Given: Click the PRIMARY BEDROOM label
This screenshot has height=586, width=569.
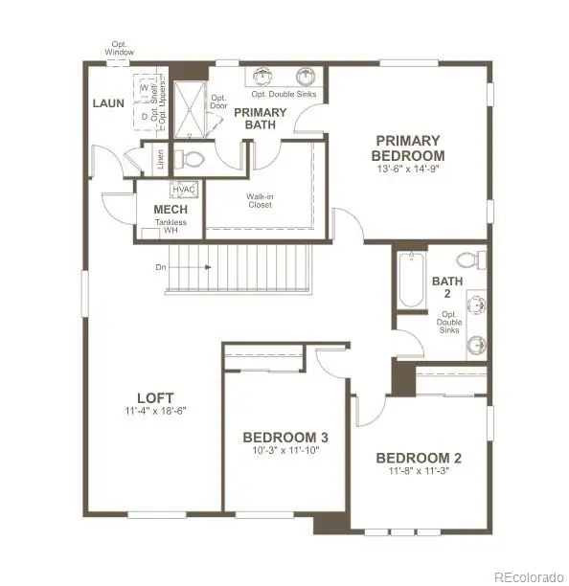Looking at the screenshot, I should [409, 147].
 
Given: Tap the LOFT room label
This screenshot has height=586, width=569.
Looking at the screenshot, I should [153, 396].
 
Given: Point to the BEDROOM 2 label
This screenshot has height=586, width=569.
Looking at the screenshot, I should [419, 457].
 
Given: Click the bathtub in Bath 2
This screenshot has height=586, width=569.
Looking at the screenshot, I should [411, 279].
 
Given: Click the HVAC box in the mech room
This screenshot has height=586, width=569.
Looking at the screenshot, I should [184, 190].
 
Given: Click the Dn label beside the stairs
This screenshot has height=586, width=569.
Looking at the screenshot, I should [159, 267].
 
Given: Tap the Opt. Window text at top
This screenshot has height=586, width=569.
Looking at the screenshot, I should [121, 48].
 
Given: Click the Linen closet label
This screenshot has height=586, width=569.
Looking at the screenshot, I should [159, 161].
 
